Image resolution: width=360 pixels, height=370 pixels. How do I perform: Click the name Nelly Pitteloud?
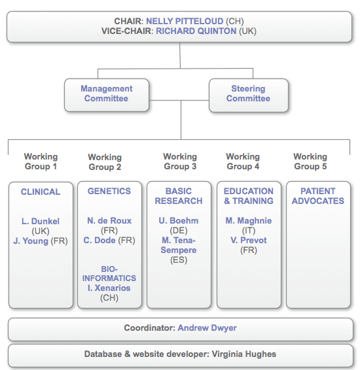(185, 21)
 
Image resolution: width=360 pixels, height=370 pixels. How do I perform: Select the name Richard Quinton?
(196, 31)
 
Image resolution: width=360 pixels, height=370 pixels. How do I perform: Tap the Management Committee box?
(107, 95)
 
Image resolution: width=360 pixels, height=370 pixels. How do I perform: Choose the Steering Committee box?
(249, 95)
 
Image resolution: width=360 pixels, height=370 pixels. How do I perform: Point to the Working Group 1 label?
(41, 161)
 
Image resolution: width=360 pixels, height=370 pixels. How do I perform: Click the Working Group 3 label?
(180, 161)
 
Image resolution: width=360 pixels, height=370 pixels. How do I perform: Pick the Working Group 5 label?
(310, 161)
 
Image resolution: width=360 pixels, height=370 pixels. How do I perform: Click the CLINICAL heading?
(41, 192)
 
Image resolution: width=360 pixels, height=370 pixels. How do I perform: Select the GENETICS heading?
(109, 191)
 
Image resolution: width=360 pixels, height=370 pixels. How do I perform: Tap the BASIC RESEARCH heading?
(179, 196)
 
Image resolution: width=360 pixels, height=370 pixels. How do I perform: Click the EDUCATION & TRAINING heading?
(249, 196)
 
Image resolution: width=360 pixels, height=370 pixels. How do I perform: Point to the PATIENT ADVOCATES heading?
(318, 196)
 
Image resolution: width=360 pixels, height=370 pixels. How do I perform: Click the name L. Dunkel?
(41, 222)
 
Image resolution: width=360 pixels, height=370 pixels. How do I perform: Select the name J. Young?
(31, 241)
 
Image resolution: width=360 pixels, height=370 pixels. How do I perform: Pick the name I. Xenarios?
(109, 288)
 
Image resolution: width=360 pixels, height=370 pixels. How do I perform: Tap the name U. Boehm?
(179, 221)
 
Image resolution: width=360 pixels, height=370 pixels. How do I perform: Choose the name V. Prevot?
(249, 240)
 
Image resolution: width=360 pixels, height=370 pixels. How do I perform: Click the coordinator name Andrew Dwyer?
(207, 328)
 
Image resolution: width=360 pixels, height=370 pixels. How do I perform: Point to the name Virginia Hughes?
(244, 354)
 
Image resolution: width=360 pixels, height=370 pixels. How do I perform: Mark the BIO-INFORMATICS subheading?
(109, 274)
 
